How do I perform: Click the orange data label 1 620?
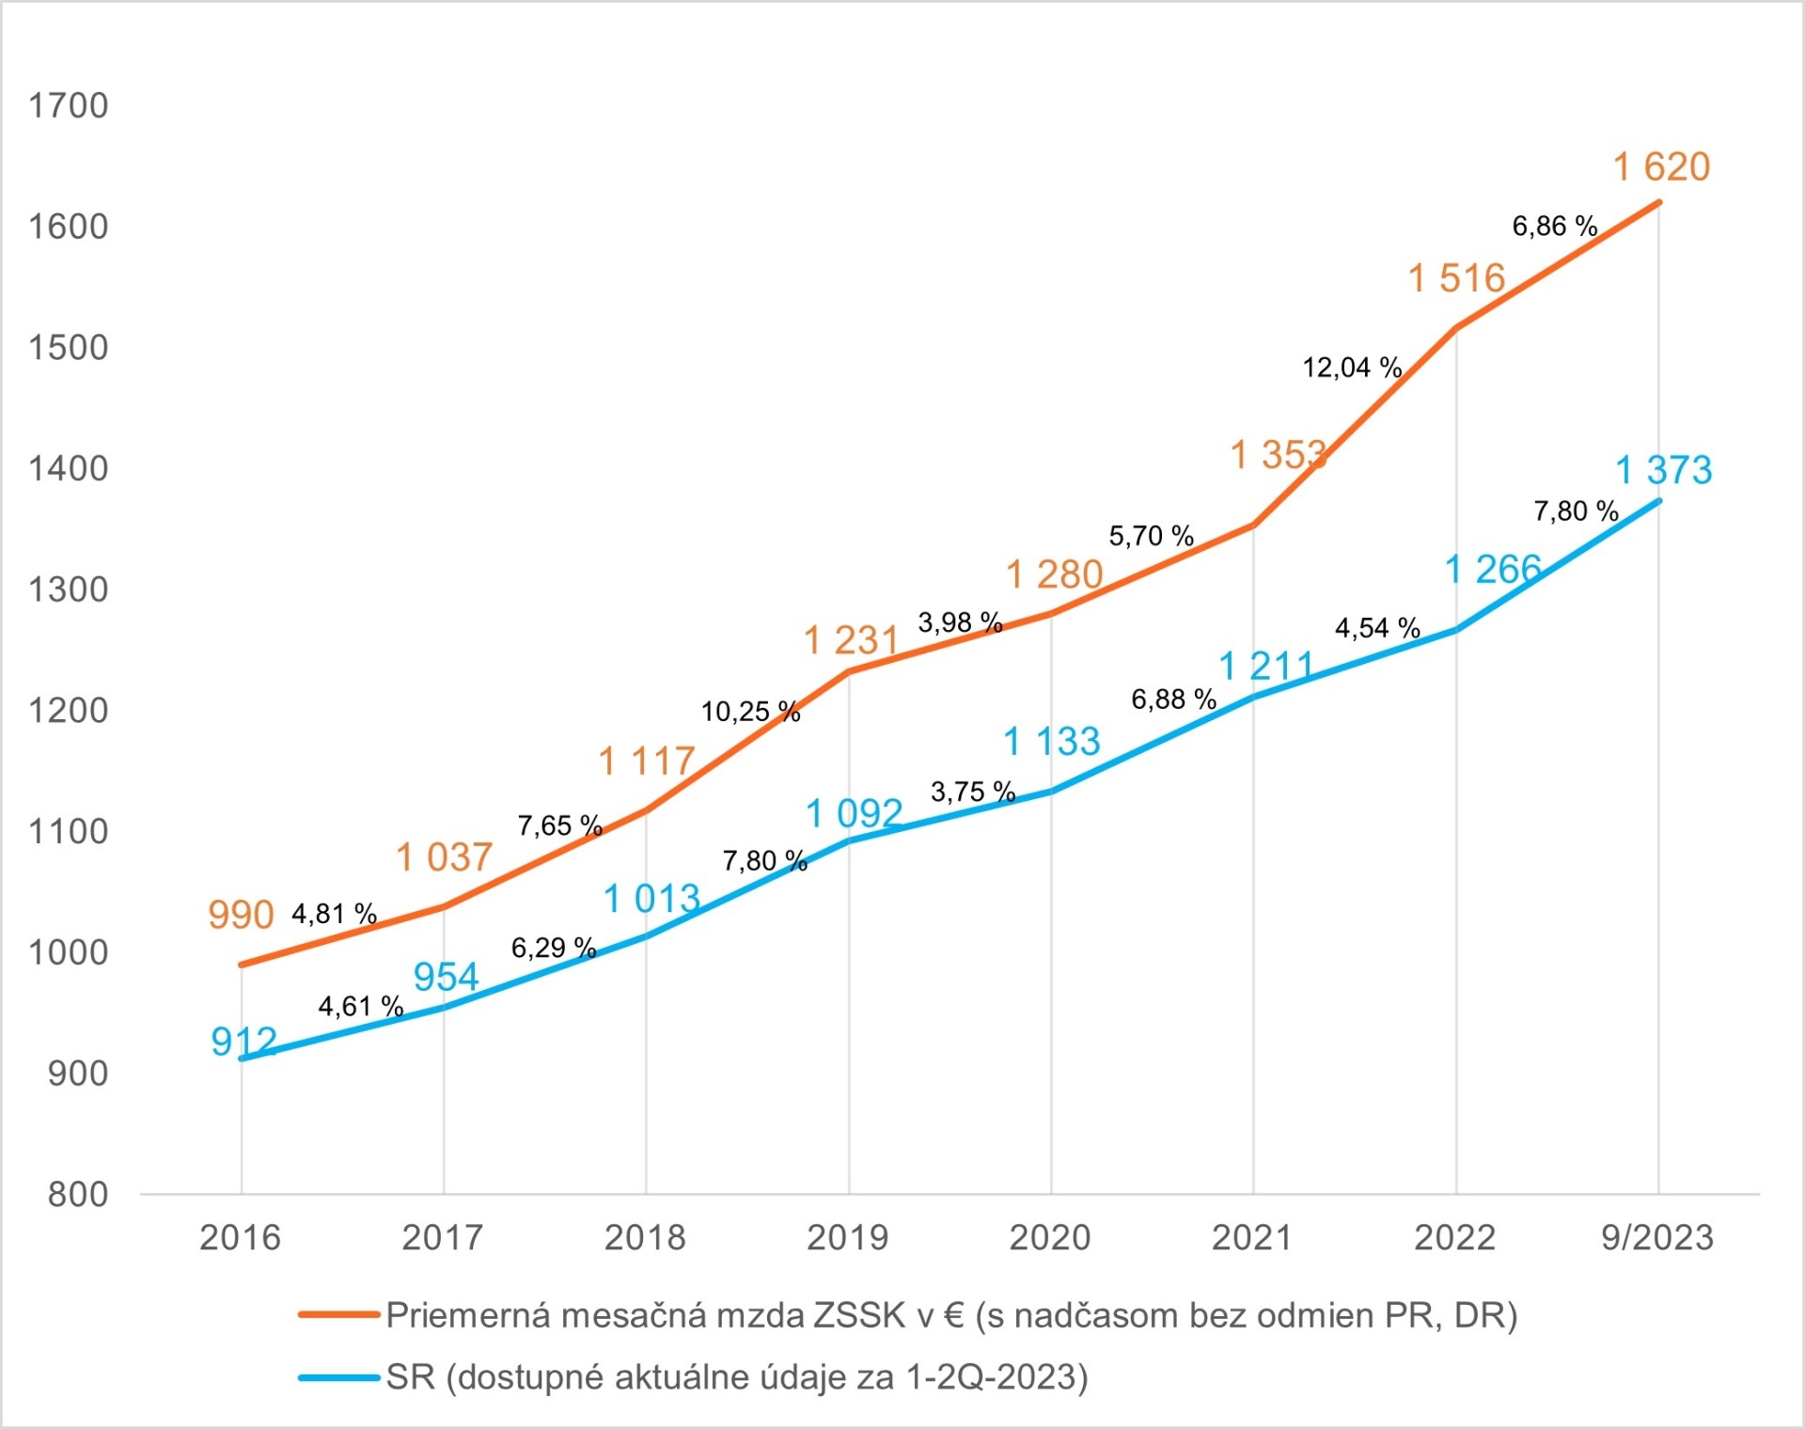coord(1661,167)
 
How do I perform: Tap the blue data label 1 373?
coord(1663,470)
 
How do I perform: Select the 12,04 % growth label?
coord(1351,368)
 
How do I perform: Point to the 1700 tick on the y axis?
coord(69,105)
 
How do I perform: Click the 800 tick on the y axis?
coord(78,1194)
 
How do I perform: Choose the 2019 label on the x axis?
coord(847,1237)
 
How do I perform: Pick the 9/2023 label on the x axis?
coord(1656,1237)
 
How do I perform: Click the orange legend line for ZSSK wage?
coord(338,1314)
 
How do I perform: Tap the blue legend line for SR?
coord(338,1377)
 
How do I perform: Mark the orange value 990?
coord(241,915)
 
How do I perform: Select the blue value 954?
coord(446,978)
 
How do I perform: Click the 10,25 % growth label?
coord(750,712)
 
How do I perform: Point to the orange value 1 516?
coord(1456,278)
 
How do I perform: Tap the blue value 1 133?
coord(1051,742)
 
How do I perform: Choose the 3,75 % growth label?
coord(973,792)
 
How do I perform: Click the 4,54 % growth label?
coord(1377,628)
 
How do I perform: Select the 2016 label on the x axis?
coord(240,1237)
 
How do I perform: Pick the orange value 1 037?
coord(444,857)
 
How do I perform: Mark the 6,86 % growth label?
coord(1554,226)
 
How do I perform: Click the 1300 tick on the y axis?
coord(69,589)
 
